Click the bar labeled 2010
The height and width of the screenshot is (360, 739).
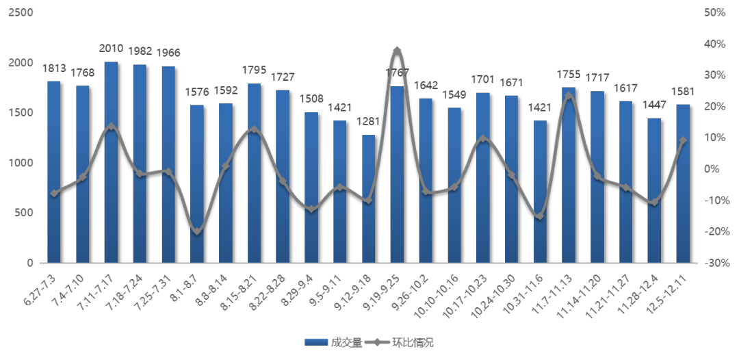pyautogui.click(x=111, y=162)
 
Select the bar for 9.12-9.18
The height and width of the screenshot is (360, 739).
pyautogui.click(x=368, y=198)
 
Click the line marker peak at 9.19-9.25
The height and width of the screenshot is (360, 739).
pyautogui.click(x=397, y=50)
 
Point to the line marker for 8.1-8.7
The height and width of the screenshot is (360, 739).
pyautogui.click(x=197, y=231)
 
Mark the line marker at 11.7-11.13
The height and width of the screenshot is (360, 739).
pyautogui.click(x=569, y=96)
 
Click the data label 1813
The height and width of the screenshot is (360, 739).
pyautogui.click(x=54, y=68)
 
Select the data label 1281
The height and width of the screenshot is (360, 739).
pyautogui.click(x=368, y=122)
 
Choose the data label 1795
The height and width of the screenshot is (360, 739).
pyautogui.click(x=254, y=70)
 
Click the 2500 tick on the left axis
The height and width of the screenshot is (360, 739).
pyautogui.click(x=21, y=13)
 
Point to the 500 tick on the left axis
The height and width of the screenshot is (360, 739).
pyautogui.click(x=25, y=213)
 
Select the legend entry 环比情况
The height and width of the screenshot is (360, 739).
pyautogui.click(x=417, y=342)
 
